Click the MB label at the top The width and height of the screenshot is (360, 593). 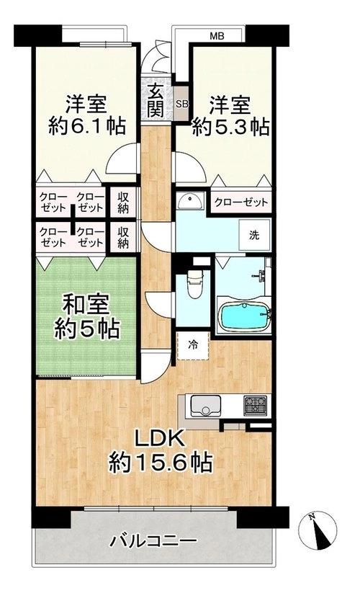click(217, 36)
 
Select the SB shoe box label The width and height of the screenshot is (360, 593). click(182, 104)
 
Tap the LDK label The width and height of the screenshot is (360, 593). click(160, 440)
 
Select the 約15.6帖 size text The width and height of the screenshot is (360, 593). click(160, 462)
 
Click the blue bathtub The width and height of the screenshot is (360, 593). click(246, 316)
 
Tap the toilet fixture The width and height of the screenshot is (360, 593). click(195, 283)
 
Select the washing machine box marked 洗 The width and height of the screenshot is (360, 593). click(254, 235)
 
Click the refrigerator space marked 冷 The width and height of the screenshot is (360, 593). click(193, 345)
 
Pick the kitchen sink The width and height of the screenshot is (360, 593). click(205, 406)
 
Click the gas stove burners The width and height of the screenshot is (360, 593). click(256, 406)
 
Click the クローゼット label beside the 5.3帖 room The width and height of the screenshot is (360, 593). click(241, 202)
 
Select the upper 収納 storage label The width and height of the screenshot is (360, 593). click(123, 203)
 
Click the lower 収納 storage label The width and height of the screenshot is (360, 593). click(123, 238)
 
